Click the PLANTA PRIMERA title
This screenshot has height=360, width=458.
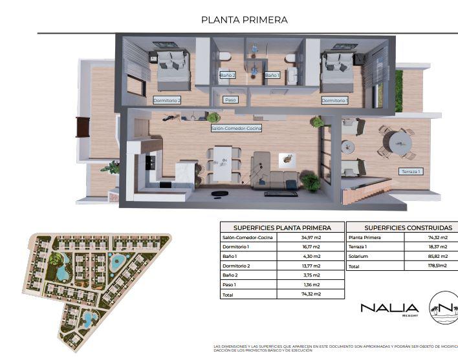245,20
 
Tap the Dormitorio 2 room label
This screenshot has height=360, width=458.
167,101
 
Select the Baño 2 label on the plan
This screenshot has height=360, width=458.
228,76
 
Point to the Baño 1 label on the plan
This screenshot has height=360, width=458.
272,76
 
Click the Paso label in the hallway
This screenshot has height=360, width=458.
230,100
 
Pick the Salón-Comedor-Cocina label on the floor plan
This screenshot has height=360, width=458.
236,129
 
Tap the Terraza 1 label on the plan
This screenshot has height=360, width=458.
410,171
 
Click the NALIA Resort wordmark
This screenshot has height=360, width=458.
389,309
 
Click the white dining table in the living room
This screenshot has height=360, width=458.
223,163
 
